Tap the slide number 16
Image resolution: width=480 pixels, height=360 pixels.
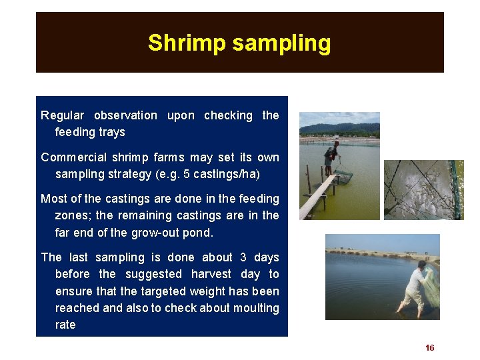point(429,348)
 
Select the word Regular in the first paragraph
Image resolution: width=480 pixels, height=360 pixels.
point(63,115)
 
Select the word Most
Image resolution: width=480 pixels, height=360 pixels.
point(53,199)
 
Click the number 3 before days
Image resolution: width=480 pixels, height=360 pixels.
point(243,257)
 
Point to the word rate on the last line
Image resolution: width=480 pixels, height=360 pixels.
point(65,325)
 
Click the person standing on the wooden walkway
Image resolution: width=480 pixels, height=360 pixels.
point(331,157)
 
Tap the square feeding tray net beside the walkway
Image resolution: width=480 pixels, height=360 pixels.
point(343,176)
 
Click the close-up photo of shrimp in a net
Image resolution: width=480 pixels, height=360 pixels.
point(423,189)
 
